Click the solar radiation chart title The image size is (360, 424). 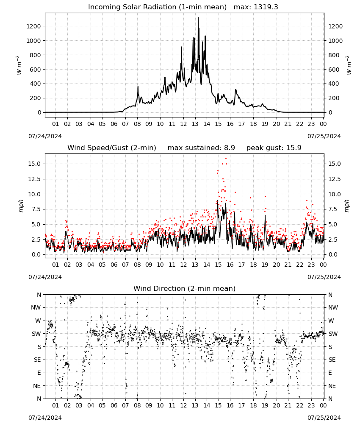point(157,7)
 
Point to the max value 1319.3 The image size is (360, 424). point(266,7)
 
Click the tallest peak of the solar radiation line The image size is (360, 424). point(198,18)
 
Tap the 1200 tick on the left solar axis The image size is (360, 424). point(33,26)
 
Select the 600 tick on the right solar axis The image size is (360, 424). point(334,70)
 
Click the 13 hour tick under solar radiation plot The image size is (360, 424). point(195,124)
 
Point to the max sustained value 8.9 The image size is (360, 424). point(229,148)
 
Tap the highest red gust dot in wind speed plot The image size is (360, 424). point(226,159)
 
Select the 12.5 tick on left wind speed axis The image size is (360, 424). point(35,179)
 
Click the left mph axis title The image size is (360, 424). point(21,206)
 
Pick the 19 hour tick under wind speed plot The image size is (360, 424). point(265,265)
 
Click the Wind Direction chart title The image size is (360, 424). point(185,288)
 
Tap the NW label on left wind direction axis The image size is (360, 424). point(36,307)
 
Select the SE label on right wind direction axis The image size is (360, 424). point(332,360)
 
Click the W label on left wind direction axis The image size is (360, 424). point(38,321)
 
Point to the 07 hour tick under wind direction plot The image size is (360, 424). point(125,405)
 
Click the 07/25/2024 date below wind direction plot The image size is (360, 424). point(324,418)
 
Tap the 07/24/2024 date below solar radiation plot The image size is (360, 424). point(45,136)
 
